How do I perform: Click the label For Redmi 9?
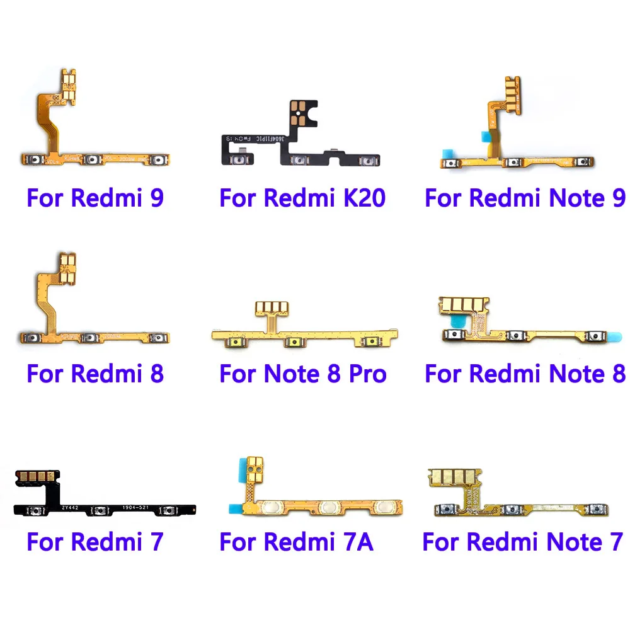95,198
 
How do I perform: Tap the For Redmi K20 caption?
302,198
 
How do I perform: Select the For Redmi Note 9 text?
525,198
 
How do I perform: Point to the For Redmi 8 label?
95,374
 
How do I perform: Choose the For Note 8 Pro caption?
302,374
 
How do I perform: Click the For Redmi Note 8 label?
525,374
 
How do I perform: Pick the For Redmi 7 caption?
95,541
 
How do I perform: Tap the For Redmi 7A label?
296,541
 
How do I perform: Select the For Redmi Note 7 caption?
522,541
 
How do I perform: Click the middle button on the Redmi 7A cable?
328,506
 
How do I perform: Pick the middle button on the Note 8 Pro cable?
292,343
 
